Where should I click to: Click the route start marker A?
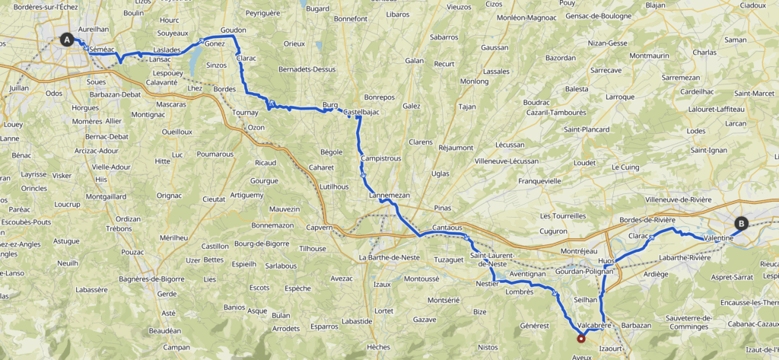[68, 40]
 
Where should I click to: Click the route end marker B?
[741, 224]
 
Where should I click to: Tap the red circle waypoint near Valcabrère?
[581, 339]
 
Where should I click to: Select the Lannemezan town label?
[389, 196]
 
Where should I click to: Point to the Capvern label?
[320, 227]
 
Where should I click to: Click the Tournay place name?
[245, 112]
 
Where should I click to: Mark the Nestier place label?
[487, 283]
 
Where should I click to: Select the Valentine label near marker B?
[718, 238]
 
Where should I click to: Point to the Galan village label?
[415, 60]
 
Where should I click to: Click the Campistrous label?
[381, 158]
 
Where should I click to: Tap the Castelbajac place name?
[361, 113]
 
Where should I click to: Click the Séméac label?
[101, 49]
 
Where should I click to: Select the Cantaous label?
[447, 228]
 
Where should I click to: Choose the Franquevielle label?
[539, 181]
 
